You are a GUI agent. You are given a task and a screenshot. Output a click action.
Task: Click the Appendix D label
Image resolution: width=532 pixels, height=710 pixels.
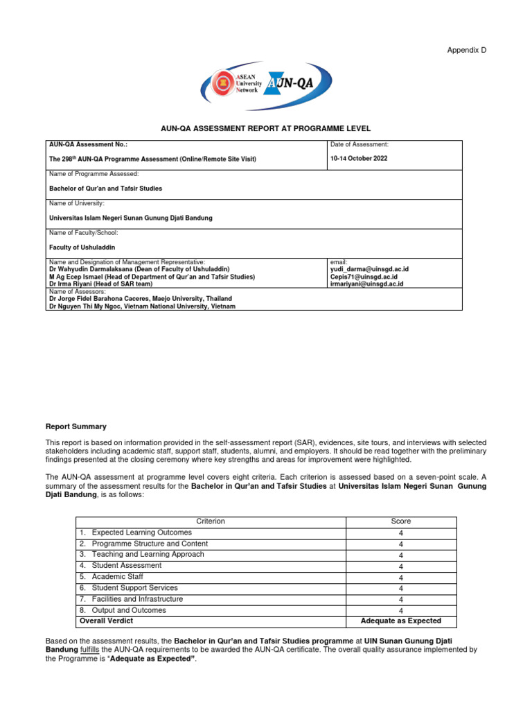coord(467,50)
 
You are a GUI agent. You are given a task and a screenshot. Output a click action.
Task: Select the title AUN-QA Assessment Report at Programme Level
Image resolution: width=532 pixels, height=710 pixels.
coord(266,128)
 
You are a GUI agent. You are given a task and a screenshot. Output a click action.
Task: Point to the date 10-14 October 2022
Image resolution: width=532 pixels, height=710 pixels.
coord(359,159)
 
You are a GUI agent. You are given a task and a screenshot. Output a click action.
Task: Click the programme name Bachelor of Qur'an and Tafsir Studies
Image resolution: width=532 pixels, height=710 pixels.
coord(105,188)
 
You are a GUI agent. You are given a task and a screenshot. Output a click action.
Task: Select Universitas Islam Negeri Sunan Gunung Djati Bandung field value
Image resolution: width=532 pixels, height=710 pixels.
coord(131,218)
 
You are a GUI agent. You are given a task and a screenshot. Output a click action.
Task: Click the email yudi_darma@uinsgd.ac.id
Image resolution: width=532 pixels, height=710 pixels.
coord(369,269)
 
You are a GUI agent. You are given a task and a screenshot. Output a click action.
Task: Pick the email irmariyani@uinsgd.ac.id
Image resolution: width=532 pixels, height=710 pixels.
coord(366,284)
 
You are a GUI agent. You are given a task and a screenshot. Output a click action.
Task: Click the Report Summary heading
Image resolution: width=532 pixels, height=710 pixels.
coord(76,426)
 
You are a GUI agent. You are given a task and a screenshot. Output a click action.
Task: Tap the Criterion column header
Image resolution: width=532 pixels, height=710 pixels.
coord(211,521)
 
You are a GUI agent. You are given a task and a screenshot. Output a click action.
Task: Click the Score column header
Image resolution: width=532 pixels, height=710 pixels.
coord(400,521)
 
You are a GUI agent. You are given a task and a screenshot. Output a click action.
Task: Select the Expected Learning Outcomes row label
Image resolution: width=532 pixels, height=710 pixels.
coord(141,532)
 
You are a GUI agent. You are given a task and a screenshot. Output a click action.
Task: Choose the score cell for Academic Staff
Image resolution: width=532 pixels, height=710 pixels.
coord(400,578)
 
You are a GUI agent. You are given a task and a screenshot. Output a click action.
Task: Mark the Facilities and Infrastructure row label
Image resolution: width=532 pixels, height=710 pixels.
coord(137,599)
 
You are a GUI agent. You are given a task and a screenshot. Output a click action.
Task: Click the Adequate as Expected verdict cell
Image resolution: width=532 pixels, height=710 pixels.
coord(400,621)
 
